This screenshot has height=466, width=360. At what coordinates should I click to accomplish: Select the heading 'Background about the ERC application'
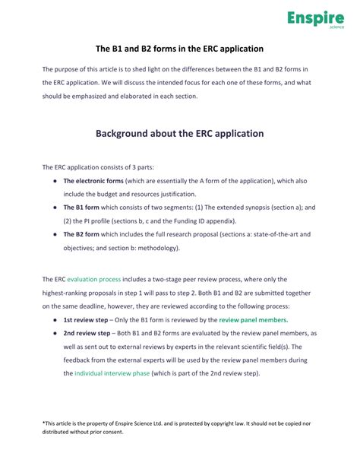(x=179, y=133)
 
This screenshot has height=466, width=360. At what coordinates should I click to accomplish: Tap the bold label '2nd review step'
(x=88, y=334)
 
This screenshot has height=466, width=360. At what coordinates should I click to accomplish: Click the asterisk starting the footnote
(x=44, y=423)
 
